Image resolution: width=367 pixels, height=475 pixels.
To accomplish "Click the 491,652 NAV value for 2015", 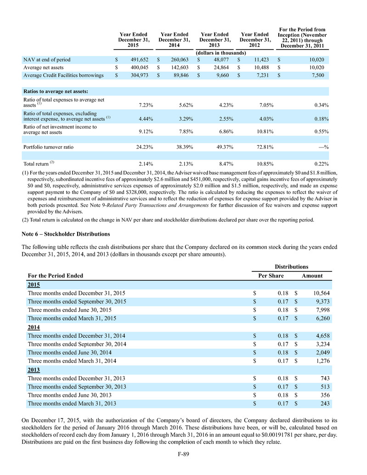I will coord(137,60).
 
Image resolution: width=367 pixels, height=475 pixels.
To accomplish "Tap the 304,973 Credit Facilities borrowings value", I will coord(137,76).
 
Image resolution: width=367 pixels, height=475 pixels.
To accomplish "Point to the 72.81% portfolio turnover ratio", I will coord(258,147).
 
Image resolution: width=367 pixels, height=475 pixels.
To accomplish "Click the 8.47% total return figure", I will coord(217,164).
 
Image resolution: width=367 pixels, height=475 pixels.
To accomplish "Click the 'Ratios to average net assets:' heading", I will coord(55,91).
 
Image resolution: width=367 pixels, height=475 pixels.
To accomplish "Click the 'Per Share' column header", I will coord(269,276).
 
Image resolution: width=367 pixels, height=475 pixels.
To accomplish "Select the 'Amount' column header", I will coord(312,276).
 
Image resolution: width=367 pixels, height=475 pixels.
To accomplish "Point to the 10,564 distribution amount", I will coord(316,293).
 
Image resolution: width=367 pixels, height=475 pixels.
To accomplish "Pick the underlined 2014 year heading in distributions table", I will coord(34,327).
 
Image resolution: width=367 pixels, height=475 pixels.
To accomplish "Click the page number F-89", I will coord(183,455).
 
